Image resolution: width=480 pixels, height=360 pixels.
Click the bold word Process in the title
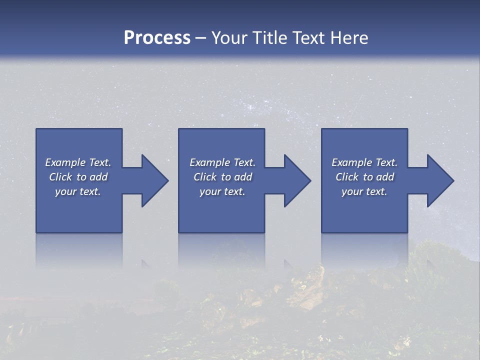tap(157, 38)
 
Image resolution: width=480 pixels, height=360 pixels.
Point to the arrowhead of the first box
tap(155, 180)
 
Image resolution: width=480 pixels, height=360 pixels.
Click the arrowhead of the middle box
tap(298, 180)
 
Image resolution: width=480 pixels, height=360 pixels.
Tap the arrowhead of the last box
tap(440, 180)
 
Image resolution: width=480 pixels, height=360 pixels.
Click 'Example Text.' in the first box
tap(78, 162)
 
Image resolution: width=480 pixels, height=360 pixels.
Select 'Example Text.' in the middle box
tap(222, 162)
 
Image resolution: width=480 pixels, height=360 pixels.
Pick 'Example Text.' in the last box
tap(364, 162)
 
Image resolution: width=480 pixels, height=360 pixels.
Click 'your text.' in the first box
tap(78, 191)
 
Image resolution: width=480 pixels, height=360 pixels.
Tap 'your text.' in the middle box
tap(222, 191)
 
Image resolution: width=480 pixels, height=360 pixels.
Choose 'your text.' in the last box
tap(364, 191)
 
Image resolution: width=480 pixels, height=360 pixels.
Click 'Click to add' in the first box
tap(78, 177)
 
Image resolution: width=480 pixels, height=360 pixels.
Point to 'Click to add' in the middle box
tap(222, 177)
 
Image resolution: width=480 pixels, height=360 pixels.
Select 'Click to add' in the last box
tap(364, 177)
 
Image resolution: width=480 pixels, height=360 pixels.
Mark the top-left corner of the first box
tap(36, 129)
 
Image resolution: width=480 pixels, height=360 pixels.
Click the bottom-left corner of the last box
tap(322, 232)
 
